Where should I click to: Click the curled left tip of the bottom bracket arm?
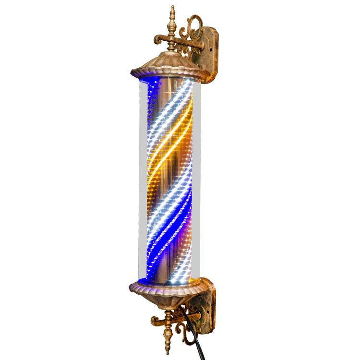[x=154, y=320]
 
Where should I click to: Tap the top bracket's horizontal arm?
[x=185, y=44]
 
